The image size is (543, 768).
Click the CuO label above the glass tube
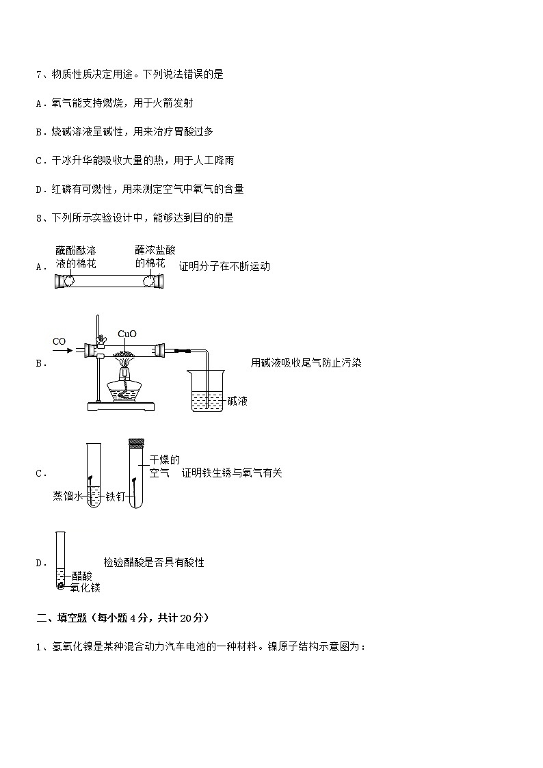pyautogui.click(x=127, y=334)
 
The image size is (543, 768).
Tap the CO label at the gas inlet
pyautogui.click(x=59, y=341)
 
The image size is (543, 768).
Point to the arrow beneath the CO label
pyautogui.click(x=62, y=350)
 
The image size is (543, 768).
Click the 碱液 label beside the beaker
pyautogui.click(x=237, y=401)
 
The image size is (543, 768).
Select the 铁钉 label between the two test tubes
pyautogui.click(x=114, y=497)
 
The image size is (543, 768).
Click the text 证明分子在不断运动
pyautogui.click(x=224, y=266)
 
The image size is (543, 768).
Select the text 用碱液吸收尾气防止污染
pyautogui.click(x=306, y=363)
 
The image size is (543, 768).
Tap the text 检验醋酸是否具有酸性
pyautogui.click(x=154, y=562)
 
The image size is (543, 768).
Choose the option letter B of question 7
pyautogui.click(x=39, y=131)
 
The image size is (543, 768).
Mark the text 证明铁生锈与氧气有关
pyautogui.click(x=232, y=473)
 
